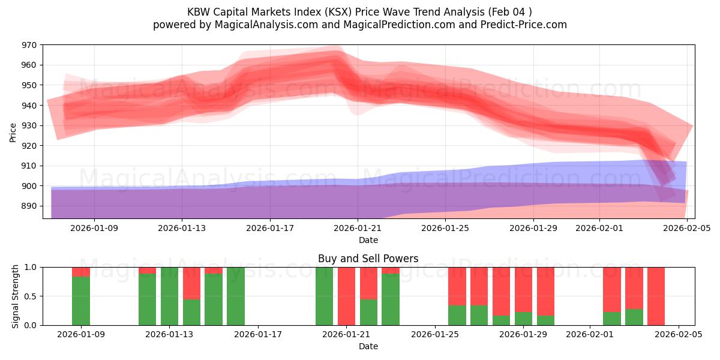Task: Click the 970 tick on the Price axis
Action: coord(29,45)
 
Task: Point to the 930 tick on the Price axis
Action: coord(29,125)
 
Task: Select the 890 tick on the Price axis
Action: coord(29,206)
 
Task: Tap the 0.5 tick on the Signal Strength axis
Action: coord(30,296)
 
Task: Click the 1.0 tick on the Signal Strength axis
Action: coord(30,267)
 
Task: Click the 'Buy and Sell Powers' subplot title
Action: coord(368,259)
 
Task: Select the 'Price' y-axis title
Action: coord(13,132)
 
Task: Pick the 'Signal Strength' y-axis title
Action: coord(16,296)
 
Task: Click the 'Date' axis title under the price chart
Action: coord(368,240)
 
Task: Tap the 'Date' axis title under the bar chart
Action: coord(368,346)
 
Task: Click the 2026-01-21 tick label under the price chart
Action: coord(358,228)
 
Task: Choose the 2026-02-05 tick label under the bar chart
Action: coord(679,334)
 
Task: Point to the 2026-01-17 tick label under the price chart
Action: coord(270,228)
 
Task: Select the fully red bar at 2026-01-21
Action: coord(347,296)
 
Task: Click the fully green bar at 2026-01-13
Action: coord(170,296)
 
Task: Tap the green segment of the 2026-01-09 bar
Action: coord(81,301)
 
